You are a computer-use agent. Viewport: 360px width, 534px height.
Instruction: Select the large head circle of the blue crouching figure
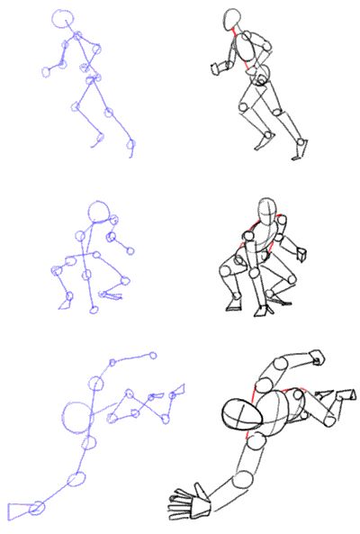pos(98,213)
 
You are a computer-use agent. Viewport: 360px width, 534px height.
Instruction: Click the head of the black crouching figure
pos(267,210)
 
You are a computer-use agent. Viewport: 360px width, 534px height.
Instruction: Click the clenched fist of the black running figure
pos(219,66)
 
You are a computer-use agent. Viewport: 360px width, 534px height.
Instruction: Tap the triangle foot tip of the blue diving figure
pos(178,391)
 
